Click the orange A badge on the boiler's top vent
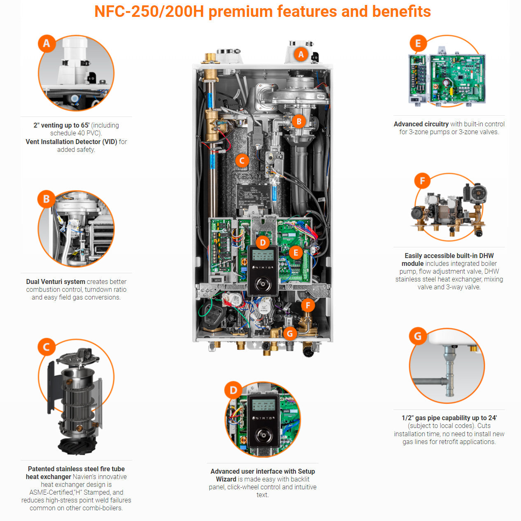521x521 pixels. [x=301, y=54]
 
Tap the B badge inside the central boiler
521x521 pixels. [x=299, y=121]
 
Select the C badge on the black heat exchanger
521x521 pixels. [x=242, y=160]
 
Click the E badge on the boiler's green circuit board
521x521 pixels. [x=295, y=252]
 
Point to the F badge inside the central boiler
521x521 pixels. [x=307, y=305]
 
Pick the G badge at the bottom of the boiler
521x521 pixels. [x=290, y=333]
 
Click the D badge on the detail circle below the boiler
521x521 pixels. [x=233, y=390]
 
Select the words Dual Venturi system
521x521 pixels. [x=56, y=282]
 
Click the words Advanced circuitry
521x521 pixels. [x=421, y=124]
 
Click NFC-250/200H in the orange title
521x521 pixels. [x=149, y=12]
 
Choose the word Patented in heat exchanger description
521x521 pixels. [x=41, y=469]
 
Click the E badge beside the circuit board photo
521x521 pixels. [x=418, y=43]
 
